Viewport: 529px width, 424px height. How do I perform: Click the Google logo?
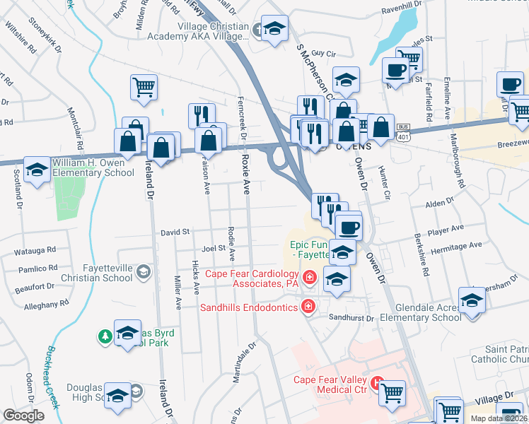(23, 416)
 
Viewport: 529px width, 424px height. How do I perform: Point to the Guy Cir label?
(322, 53)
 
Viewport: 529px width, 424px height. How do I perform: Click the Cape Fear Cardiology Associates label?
(251, 278)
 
